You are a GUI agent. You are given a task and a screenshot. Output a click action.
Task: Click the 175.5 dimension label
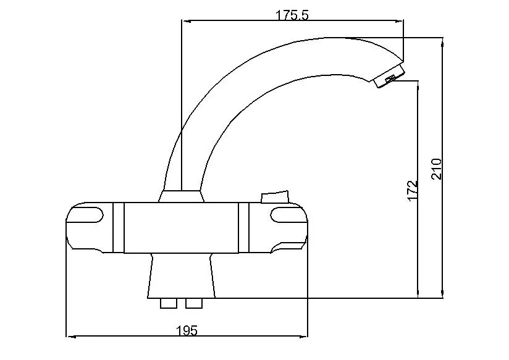pos(292,15)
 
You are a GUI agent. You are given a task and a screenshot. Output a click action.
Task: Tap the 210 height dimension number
pos(437,169)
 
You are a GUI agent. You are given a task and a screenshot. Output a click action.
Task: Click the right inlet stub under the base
pos(193,303)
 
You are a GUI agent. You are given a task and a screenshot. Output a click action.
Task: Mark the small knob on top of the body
pos(275,197)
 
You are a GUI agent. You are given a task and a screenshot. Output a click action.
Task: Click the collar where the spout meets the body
pos(181,196)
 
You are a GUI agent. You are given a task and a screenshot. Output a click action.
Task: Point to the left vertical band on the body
pos(119,228)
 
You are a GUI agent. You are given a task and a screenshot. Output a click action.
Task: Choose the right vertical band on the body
pos(243,228)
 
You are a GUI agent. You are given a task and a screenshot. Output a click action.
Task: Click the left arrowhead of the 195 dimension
pos(70,337)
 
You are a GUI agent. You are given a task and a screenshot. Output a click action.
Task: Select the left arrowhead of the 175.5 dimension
pos(184,22)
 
